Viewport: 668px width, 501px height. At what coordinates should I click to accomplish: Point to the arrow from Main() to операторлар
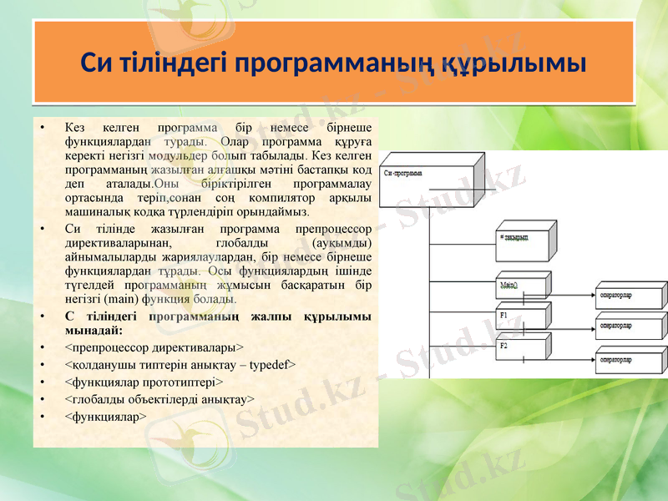pyautogui.click(x=572, y=293)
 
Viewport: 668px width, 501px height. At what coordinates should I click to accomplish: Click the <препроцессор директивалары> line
pyautogui.click(x=154, y=347)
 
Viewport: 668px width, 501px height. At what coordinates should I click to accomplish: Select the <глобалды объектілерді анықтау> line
pyautogui.click(x=159, y=398)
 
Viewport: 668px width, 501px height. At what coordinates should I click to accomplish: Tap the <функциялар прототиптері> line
pyautogui.click(x=143, y=382)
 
